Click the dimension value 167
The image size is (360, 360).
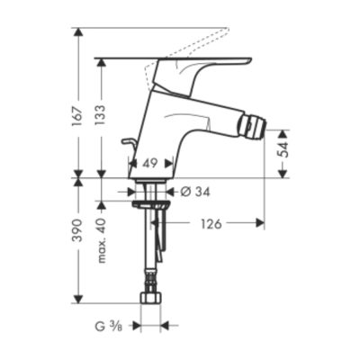77,117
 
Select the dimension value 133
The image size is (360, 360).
101,115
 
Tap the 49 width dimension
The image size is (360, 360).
149,164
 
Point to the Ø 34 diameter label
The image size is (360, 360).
195,192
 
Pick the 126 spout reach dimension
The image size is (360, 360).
211,223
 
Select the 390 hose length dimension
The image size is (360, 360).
77,231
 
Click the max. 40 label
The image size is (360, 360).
102,240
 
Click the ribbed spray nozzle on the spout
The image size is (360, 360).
254,128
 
